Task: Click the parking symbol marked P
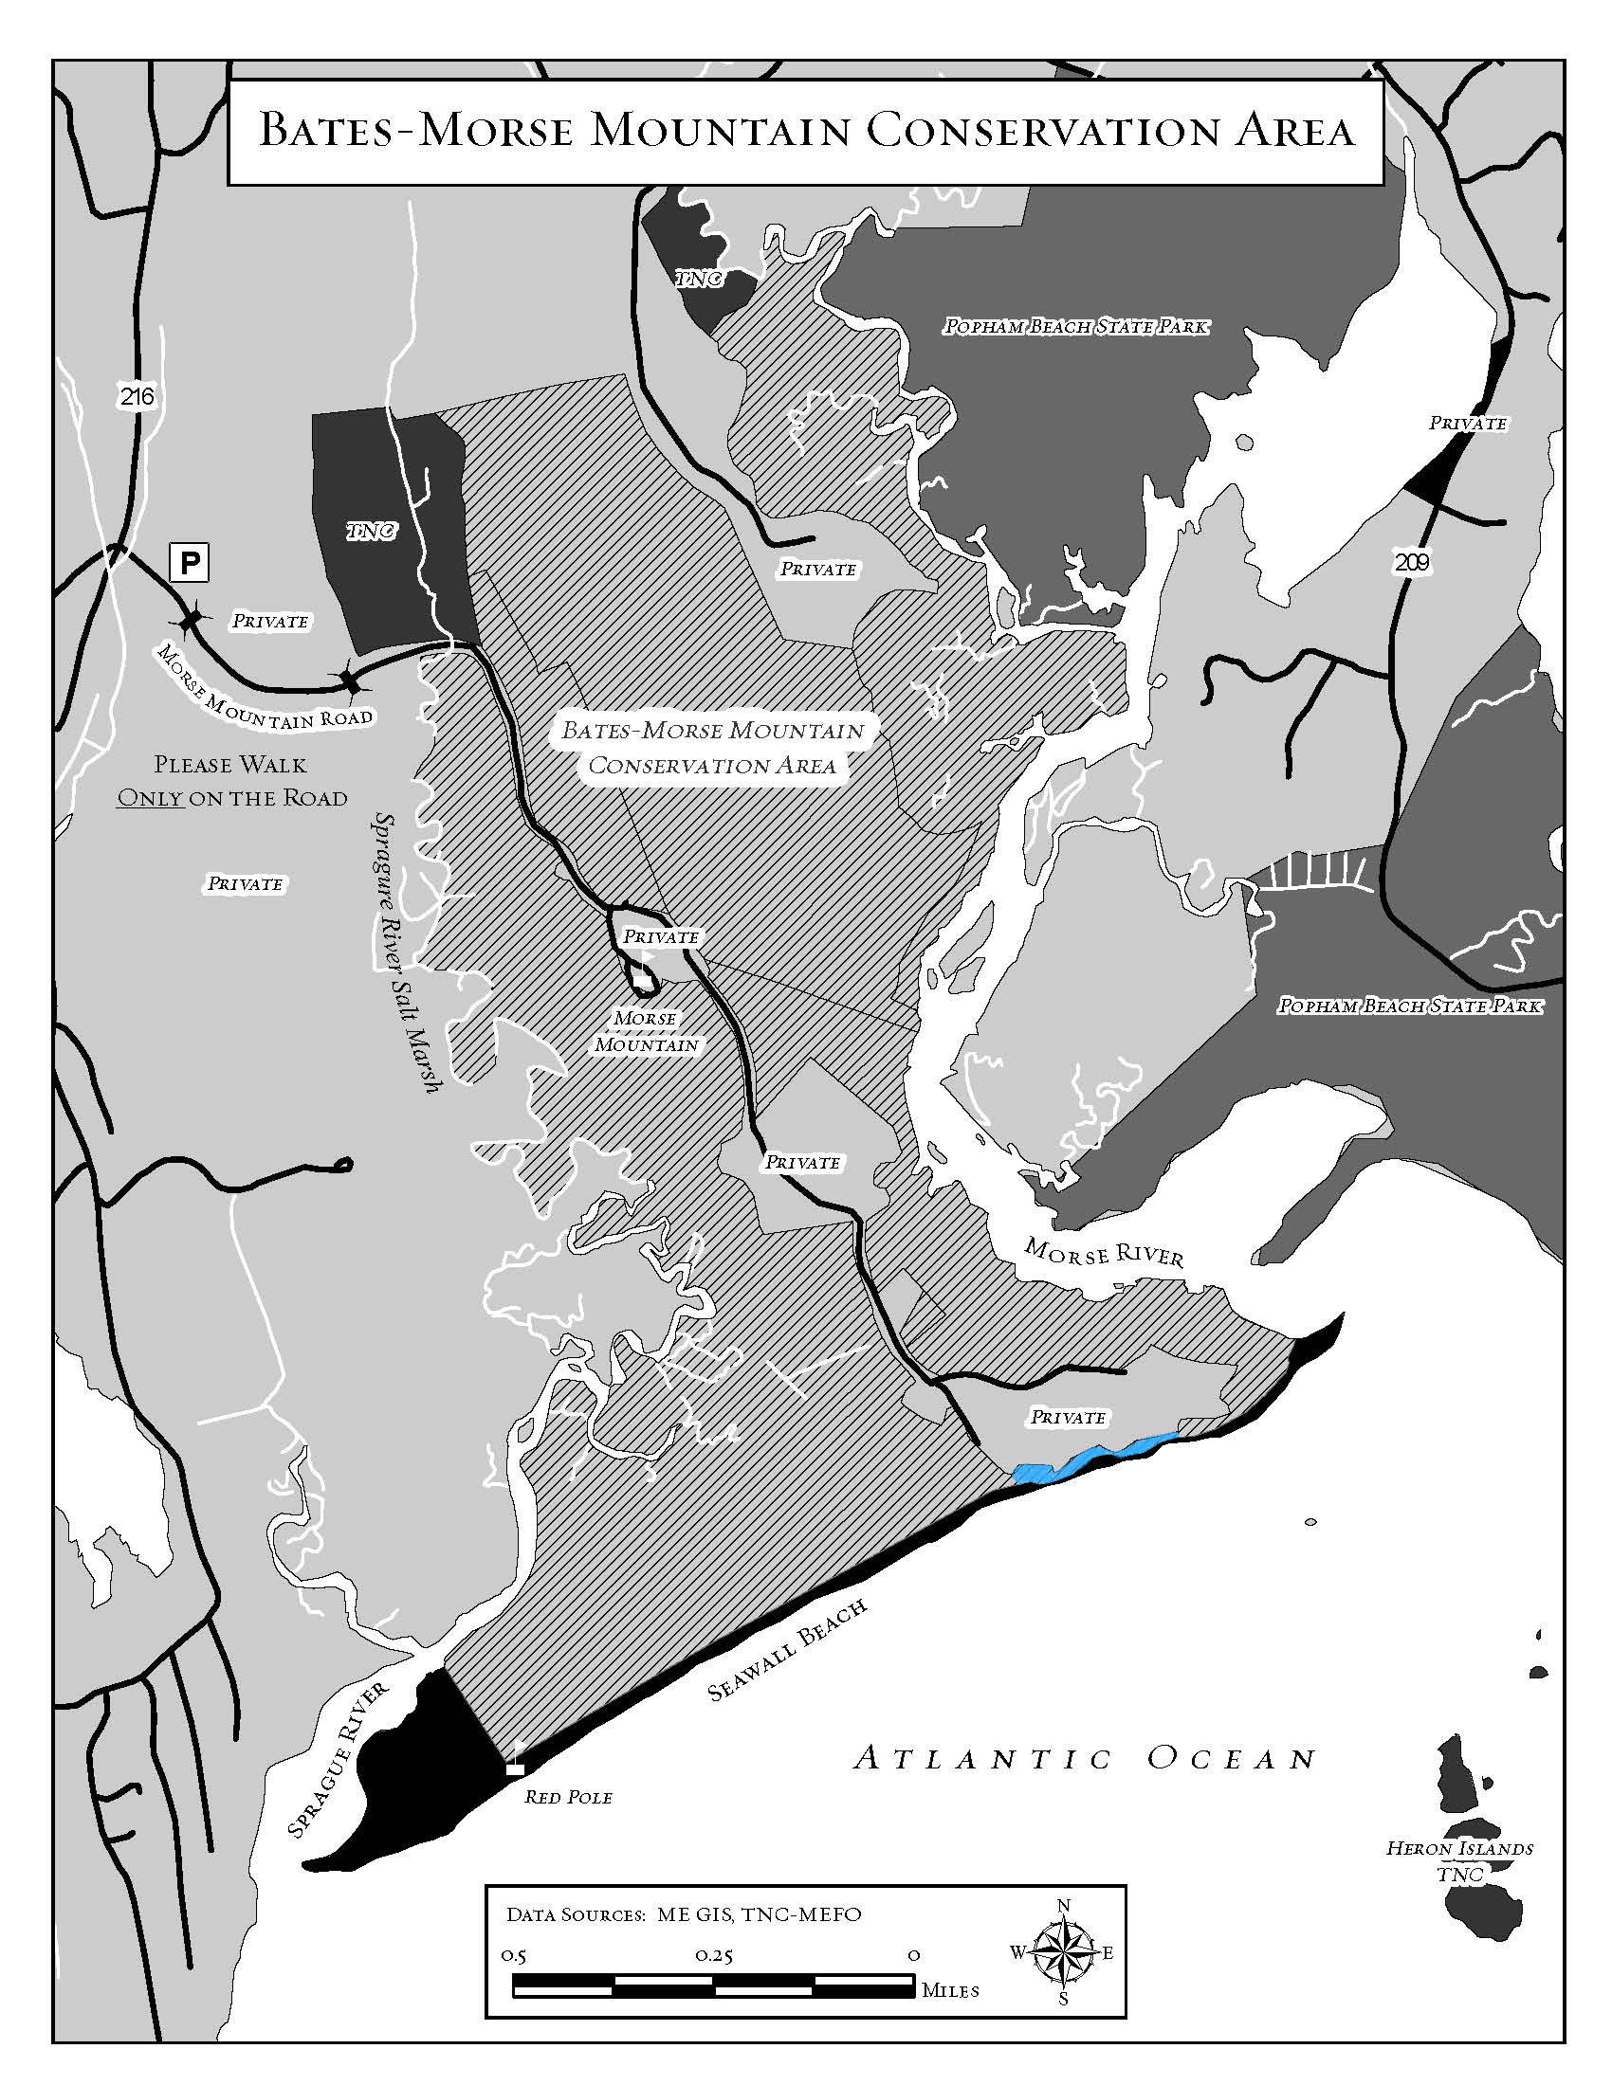point(189,562)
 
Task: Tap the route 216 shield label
point(137,395)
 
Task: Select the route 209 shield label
point(1412,562)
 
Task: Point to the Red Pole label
point(568,1798)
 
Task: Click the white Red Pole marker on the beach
point(515,1769)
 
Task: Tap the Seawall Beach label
point(788,1650)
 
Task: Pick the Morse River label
point(1103,1252)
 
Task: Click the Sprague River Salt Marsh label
point(405,952)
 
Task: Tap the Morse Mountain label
point(647,1031)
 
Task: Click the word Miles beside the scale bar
point(950,1991)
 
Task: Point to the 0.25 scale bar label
point(714,1955)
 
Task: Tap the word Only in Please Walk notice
point(149,798)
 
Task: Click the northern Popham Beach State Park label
point(1075,327)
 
